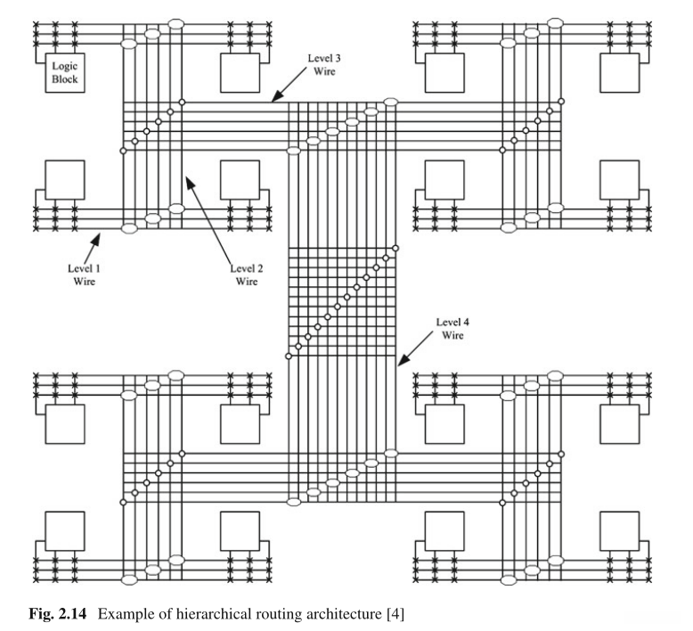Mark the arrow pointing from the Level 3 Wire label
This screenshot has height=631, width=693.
[x=289, y=86]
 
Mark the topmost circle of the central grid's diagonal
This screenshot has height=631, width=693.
[x=395, y=247]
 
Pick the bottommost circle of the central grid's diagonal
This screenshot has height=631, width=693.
[x=287, y=356]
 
